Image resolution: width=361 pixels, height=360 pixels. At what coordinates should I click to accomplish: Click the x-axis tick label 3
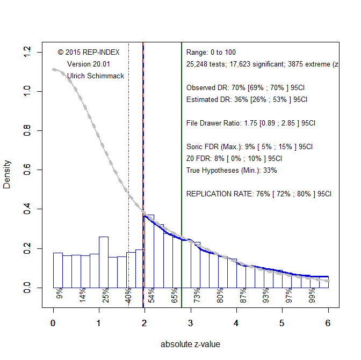pyautogui.click(x=191, y=323)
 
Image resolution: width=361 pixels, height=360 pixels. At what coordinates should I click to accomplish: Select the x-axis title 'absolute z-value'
pyautogui.click(x=190, y=344)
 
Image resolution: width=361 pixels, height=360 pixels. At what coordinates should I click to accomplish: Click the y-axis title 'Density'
pyautogui.click(x=7, y=174)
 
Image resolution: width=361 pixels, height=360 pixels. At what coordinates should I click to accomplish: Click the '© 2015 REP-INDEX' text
pyautogui.click(x=88, y=52)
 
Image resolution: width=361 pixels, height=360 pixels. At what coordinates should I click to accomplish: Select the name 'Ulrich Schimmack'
pyautogui.click(x=95, y=76)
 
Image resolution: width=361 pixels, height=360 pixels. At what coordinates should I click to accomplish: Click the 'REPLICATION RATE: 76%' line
pyautogui.click(x=259, y=194)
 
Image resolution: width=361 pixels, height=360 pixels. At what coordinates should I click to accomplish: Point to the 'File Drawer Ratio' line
pyautogui.click(x=251, y=123)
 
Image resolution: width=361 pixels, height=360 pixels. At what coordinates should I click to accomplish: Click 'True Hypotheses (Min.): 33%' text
pyautogui.click(x=232, y=170)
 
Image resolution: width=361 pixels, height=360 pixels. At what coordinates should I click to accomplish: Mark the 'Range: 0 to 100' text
pyautogui.click(x=211, y=52)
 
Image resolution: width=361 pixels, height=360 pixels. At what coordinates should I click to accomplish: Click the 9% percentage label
pyautogui.click(x=60, y=293)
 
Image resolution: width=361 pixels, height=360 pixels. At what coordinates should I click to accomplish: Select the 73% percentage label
pyautogui.click(x=197, y=296)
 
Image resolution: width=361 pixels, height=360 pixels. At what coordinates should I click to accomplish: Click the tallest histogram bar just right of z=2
pyautogui.click(x=150, y=251)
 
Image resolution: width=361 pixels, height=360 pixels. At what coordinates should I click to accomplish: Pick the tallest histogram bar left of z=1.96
pyautogui.click(x=104, y=262)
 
